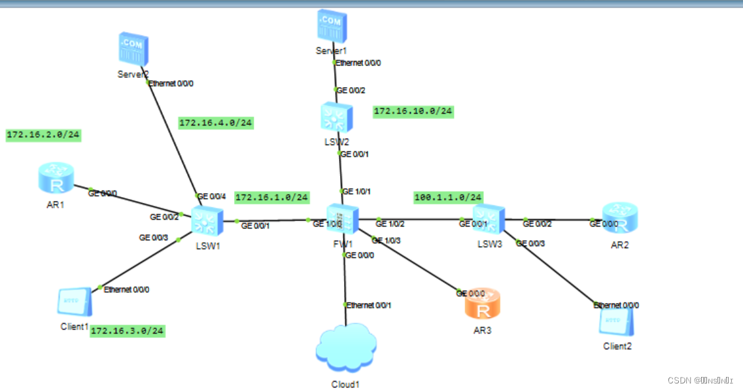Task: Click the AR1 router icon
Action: pyautogui.click(x=56, y=178)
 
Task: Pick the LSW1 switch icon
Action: pyautogui.click(x=207, y=221)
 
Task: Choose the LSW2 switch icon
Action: pyautogui.click(x=336, y=118)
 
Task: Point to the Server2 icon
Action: pyautogui.click(x=132, y=50)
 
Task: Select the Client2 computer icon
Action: pyautogui.click(x=617, y=321)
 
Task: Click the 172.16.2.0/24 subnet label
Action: pyautogui.click(x=43, y=135)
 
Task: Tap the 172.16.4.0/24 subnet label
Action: pyautogui.click(x=216, y=122)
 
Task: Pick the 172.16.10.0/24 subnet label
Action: pyautogui.click(x=413, y=111)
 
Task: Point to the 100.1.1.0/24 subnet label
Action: pyautogui.click(x=448, y=197)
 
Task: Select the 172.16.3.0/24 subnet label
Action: pyautogui.click(x=127, y=331)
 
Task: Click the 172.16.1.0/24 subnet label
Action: pyautogui.click(x=271, y=197)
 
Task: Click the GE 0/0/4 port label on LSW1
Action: pyautogui.click(x=212, y=196)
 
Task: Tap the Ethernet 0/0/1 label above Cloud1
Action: pyautogui.click(x=370, y=306)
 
